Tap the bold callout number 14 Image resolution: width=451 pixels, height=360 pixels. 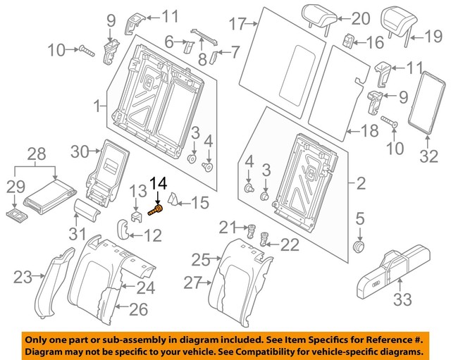(x=159, y=185)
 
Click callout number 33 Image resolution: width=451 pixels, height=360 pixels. (x=401, y=302)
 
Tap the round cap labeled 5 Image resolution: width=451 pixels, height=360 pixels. (x=359, y=247)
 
